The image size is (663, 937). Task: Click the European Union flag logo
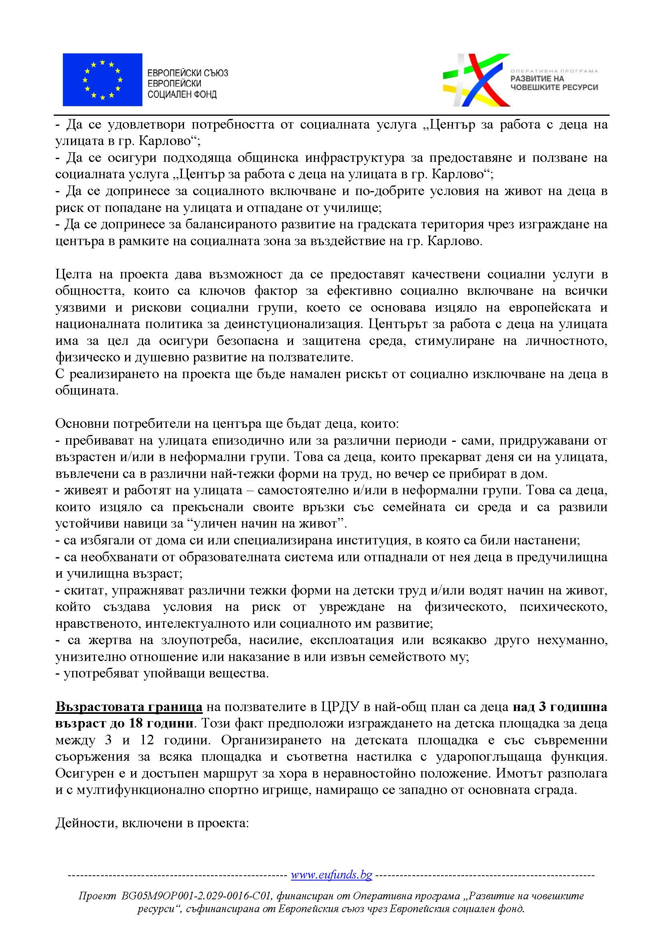[x=103, y=80]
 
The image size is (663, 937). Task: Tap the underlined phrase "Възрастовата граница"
[x=129, y=707]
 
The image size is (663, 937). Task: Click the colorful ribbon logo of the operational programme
[x=476, y=80]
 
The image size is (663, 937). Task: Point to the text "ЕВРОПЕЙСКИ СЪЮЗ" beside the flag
[x=187, y=73]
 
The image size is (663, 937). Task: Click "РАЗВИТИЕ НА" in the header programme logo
[x=537, y=79]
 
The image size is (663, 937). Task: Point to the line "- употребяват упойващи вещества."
[x=162, y=673]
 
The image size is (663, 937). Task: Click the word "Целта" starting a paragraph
[x=72, y=274]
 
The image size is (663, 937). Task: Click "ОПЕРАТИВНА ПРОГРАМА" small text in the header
[x=554, y=71]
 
